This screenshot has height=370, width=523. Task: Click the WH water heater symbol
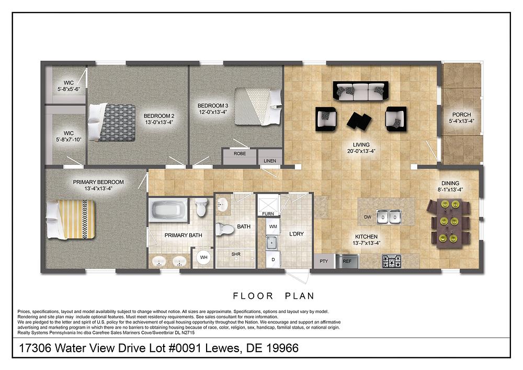click(x=202, y=258)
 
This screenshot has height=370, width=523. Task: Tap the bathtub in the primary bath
click(x=168, y=211)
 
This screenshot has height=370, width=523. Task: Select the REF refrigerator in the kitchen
click(x=347, y=260)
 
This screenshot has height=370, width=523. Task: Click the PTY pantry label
click(x=323, y=260)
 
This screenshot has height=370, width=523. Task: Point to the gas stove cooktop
click(x=392, y=260)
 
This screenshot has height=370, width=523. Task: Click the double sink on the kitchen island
click(x=389, y=215)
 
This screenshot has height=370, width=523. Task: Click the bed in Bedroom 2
click(x=112, y=122)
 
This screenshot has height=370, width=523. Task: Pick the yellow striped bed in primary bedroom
click(x=71, y=219)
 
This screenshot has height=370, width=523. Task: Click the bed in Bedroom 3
click(x=257, y=106)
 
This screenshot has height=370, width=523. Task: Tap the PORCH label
click(x=461, y=115)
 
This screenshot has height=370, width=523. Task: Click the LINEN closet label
click(x=270, y=161)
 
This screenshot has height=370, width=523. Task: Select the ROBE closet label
click(x=240, y=154)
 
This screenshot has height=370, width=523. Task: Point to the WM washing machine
click(x=272, y=227)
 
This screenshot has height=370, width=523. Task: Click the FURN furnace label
click(x=268, y=214)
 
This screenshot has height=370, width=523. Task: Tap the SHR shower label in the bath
click(x=236, y=254)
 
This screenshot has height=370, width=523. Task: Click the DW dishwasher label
click(x=368, y=217)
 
